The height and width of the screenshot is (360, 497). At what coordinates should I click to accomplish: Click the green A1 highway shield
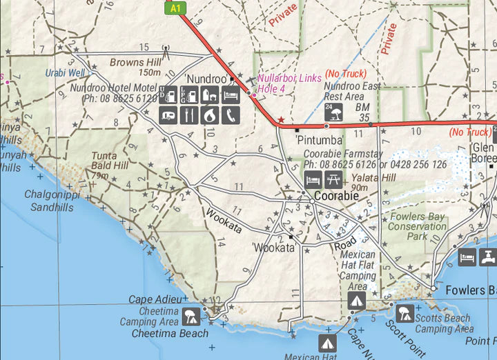click(x=176, y=7)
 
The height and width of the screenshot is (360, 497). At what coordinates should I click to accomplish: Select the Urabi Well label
click(x=66, y=72)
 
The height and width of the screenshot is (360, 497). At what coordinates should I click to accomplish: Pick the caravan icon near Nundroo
click(x=168, y=114)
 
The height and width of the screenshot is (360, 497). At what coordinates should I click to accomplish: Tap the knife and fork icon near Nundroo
click(x=188, y=114)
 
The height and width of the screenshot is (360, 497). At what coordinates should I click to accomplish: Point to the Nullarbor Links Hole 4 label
click(x=289, y=83)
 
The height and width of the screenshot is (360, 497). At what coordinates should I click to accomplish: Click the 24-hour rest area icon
click(x=329, y=110)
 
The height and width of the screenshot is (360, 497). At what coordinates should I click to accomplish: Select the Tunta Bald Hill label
click(x=110, y=161)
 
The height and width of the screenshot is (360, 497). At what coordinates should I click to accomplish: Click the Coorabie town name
click(x=336, y=197)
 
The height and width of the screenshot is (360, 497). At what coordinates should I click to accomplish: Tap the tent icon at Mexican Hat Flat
click(x=356, y=301)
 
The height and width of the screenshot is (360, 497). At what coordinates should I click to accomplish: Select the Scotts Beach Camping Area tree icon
click(x=405, y=314)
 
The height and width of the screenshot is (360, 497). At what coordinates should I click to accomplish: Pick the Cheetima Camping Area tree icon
click(x=191, y=317)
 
